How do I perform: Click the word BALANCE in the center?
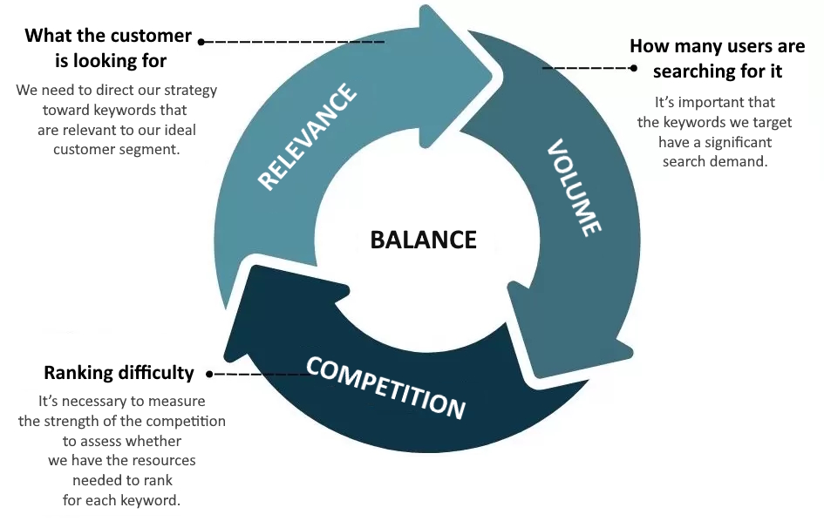click(x=423, y=240)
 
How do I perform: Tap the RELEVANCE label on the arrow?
click(x=308, y=136)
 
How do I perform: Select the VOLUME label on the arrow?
click(x=574, y=187)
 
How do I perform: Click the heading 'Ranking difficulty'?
click(x=119, y=373)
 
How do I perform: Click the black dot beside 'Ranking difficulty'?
click(x=209, y=374)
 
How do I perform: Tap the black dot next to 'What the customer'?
click(x=201, y=41)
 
